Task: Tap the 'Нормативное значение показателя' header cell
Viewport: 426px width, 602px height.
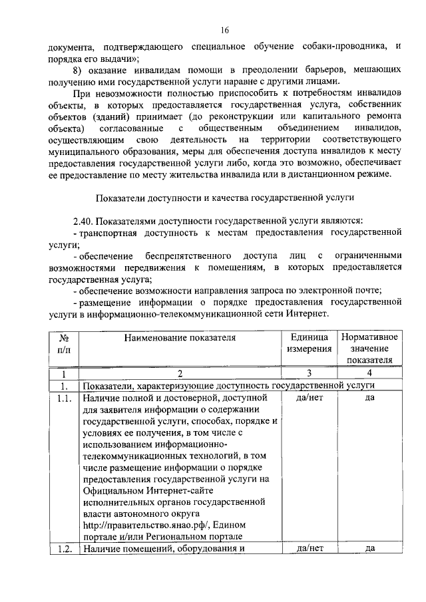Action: [369, 349]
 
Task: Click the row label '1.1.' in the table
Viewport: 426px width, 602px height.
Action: [65, 397]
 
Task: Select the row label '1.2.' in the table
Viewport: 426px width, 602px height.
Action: [65, 549]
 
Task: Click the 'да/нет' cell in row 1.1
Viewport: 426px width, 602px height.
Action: [309, 397]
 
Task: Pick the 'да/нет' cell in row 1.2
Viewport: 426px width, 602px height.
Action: [309, 549]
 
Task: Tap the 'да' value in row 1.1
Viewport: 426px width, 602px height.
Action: [369, 397]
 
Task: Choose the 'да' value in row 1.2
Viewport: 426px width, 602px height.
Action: [369, 549]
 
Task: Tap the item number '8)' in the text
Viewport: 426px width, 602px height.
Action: [79, 69]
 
